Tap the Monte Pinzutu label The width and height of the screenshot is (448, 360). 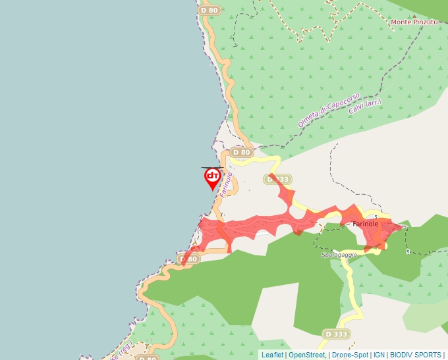click(x=415, y=22)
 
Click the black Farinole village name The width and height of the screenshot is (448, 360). click(x=366, y=224)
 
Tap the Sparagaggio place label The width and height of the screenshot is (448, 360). click(x=339, y=255)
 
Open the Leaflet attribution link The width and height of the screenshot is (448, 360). click(x=272, y=355)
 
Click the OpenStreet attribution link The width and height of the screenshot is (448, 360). click(x=306, y=355)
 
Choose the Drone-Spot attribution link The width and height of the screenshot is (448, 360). click(x=350, y=355)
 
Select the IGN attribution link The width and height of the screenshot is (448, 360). click(x=379, y=355)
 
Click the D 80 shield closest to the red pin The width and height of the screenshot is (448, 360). click(x=242, y=153)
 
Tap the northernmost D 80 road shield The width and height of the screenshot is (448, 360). click(x=209, y=11)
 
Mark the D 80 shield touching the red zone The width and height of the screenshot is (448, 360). click(x=189, y=259)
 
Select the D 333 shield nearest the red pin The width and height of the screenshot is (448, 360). click(x=277, y=179)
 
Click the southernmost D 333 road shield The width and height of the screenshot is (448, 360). click(x=336, y=334)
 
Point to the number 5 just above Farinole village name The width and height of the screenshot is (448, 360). click(x=376, y=217)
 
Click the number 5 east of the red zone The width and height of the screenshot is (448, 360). click(x=408, y=251)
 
